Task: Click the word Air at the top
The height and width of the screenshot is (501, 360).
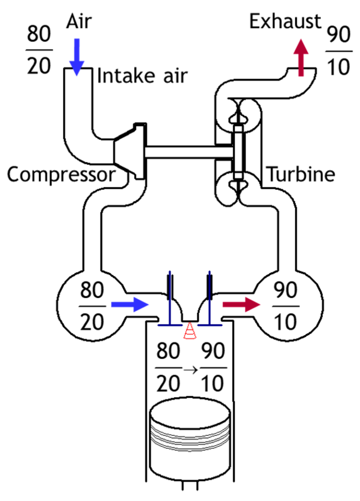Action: pyautogui.click(x=79, y=22)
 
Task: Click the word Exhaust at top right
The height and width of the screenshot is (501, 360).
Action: pyautogui.click(x=285, y=22)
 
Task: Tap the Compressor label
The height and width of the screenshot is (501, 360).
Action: pyautogui.click(x=61, y=175)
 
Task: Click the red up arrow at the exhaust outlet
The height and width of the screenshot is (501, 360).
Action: pyautogui.click(x=301, y=58)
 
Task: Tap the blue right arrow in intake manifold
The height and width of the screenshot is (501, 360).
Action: pyautogui.click(x=130, y=304)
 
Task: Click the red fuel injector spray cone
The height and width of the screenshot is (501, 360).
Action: pyautogui.click(x=190, y=331)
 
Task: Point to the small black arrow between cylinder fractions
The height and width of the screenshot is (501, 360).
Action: pyautogui.click(x=191, y=370)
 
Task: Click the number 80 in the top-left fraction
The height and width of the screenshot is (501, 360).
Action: pyautogui.click(x=39, y=34)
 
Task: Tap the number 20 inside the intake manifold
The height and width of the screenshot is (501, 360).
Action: pyautogui.click(x=92, y=322)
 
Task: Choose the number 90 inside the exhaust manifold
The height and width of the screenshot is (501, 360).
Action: pyautogui.click(x=285, y=290)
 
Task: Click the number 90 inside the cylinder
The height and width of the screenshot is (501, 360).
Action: pyautogui.click(x=213, y=351)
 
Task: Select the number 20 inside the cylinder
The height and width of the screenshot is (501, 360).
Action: pyautogui.click(x=168, y=383)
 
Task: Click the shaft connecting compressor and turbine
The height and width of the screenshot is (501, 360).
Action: pyautogui.click(x=189, y=152)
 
